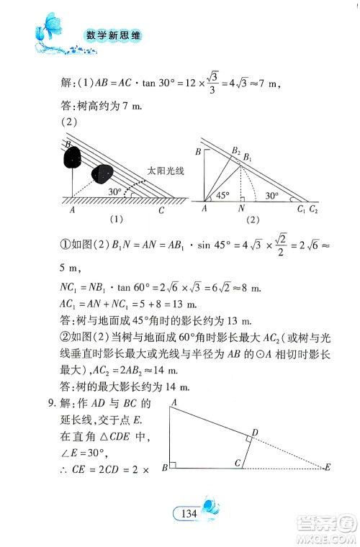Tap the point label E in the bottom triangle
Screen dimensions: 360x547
click(328, 469)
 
